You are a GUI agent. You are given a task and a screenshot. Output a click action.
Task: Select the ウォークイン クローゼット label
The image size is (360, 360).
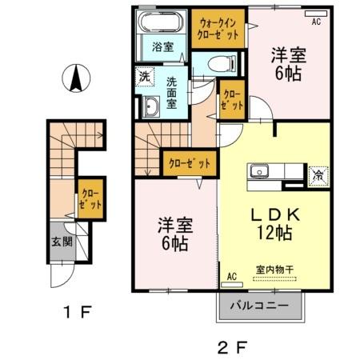click(218, 29)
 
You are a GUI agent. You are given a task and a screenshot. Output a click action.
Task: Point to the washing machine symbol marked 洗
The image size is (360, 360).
click(145, 78)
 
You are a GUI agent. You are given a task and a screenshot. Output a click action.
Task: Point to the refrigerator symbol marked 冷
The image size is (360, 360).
click(318, 174)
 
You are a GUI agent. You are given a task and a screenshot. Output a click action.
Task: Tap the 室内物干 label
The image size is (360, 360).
click(273, 271)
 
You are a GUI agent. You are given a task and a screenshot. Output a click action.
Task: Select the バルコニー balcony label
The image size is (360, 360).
click(261, 305)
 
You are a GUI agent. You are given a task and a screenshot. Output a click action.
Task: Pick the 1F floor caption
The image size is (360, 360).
click(74, 310)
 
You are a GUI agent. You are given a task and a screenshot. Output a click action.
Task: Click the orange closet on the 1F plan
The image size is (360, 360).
click(90, 198)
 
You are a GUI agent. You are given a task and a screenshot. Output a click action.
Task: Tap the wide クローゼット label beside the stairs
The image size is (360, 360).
click(189, 163)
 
